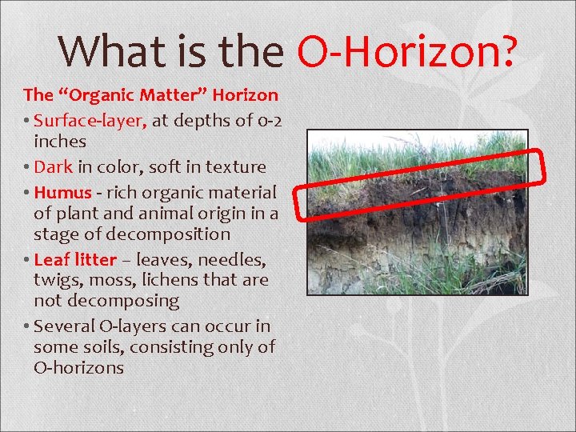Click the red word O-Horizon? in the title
click(x=407, y=51)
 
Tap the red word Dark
click(x=54, y=167)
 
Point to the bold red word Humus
click(x=63, y=193)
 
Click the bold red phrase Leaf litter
click(x=75, y=260)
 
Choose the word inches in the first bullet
click(x=59, y=141)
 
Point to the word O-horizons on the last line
click(x=78, y=368)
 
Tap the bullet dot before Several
click(x=27, y=326)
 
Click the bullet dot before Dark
click(x=27, y=167)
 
